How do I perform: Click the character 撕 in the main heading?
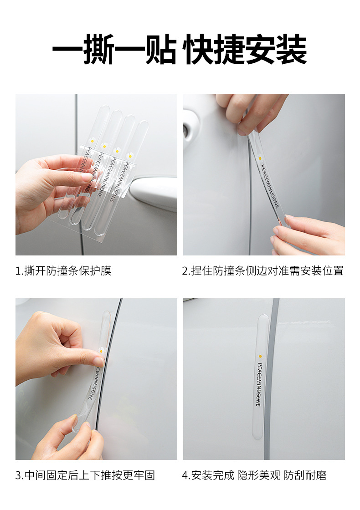[99, 49]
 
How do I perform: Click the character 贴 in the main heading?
[161, 49]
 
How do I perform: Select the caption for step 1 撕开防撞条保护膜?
[63, 270]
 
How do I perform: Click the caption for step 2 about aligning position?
[262, 270]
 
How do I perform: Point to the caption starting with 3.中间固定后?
[85, 475]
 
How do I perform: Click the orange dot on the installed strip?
[260, 357]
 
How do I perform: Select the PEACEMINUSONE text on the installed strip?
[259, 384]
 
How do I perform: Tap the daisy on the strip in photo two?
[260, 158]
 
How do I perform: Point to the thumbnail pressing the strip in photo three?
[98, 362]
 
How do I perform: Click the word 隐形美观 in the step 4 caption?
[259, 475]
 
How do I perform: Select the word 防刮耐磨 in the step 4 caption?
[305, 475]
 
